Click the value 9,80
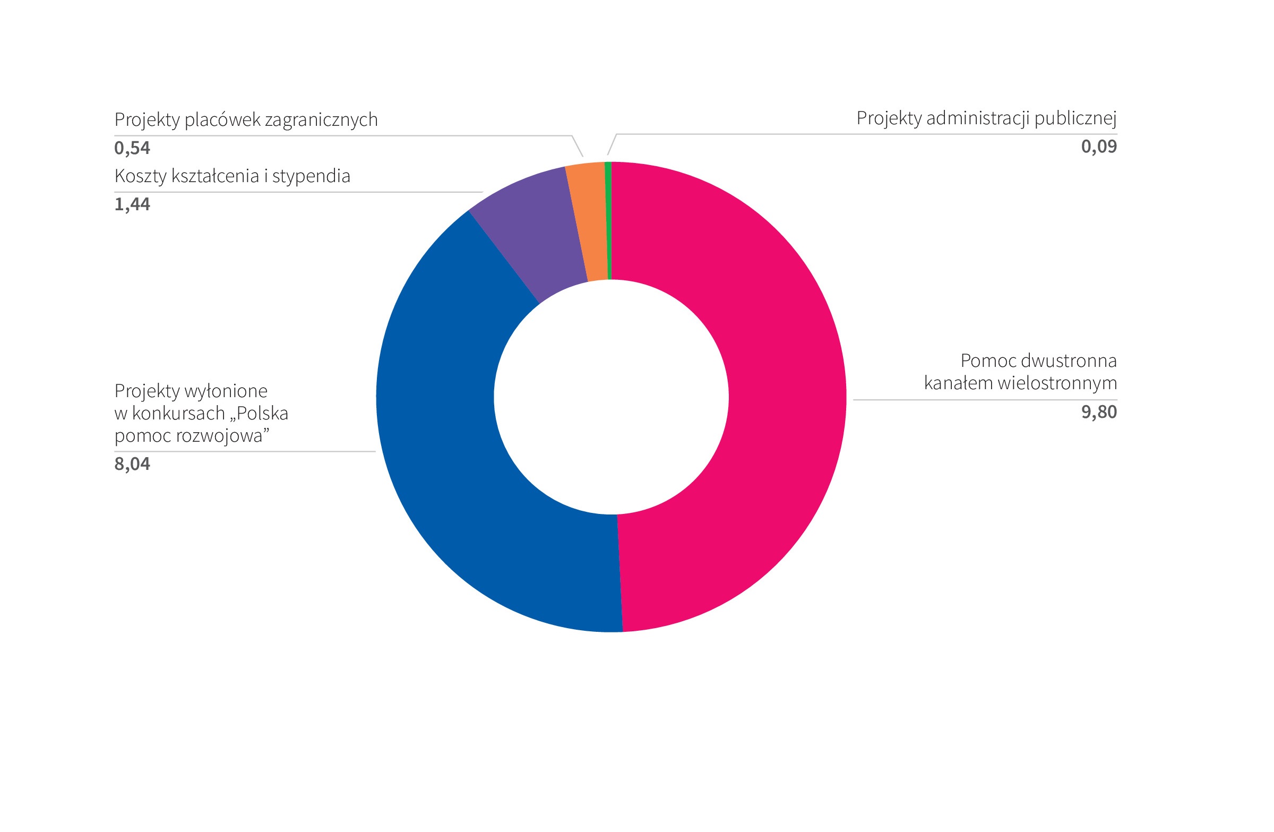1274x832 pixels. point(1098,412)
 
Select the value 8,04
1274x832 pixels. point(132,464)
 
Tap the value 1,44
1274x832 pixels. point(132,204)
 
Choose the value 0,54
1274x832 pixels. point(132,148)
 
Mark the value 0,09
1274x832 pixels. point(1098,146)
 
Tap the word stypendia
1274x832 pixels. point(311,176)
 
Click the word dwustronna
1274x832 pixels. point(1069,361)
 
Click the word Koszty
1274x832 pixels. point(140,176)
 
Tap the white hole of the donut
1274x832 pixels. point(611,397)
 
